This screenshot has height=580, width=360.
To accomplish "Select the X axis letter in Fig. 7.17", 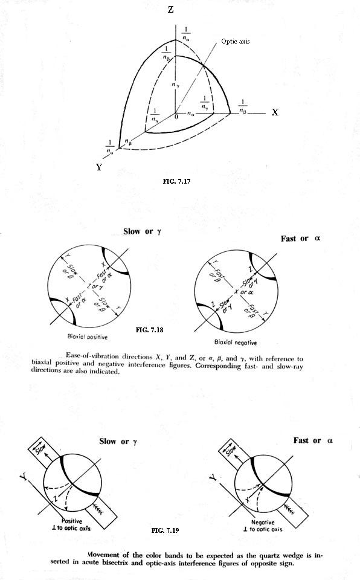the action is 275,112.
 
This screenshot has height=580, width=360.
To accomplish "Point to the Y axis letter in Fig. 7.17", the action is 99,167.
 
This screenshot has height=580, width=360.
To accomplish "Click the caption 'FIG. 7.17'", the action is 172,180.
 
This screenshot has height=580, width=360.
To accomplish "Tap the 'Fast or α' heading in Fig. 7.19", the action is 313,440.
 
